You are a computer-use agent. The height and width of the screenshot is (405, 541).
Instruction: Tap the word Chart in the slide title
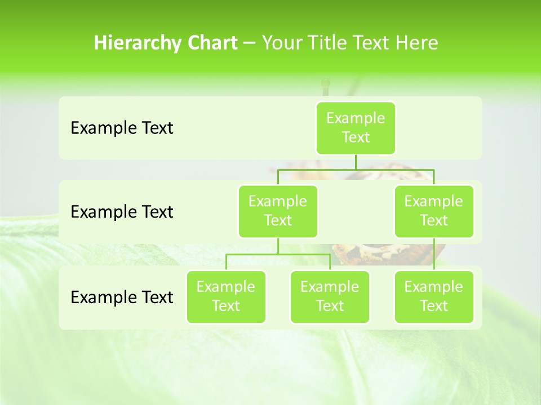point(212,43)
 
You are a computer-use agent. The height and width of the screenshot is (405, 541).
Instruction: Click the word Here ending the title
point(416,43)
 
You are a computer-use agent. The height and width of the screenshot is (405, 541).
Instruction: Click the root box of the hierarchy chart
point(356,128)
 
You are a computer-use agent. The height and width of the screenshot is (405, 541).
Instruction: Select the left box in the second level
point(278,211)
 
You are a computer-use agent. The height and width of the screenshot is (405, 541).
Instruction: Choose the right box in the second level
point(434,211)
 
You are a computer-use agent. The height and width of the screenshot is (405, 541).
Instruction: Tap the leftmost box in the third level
point(226,296)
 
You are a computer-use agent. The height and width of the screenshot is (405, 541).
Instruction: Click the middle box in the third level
point(330,296)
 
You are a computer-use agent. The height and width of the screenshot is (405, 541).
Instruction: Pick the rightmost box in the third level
point(434,296)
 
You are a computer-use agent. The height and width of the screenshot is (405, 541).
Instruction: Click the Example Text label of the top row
point(122,128)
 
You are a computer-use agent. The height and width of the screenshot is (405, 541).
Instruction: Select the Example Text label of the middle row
point(122,212)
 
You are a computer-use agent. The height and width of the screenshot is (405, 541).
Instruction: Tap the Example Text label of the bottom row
point(122,297)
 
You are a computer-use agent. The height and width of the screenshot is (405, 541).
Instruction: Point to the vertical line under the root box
point(356,162)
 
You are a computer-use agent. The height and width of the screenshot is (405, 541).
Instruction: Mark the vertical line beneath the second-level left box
point(278,246)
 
